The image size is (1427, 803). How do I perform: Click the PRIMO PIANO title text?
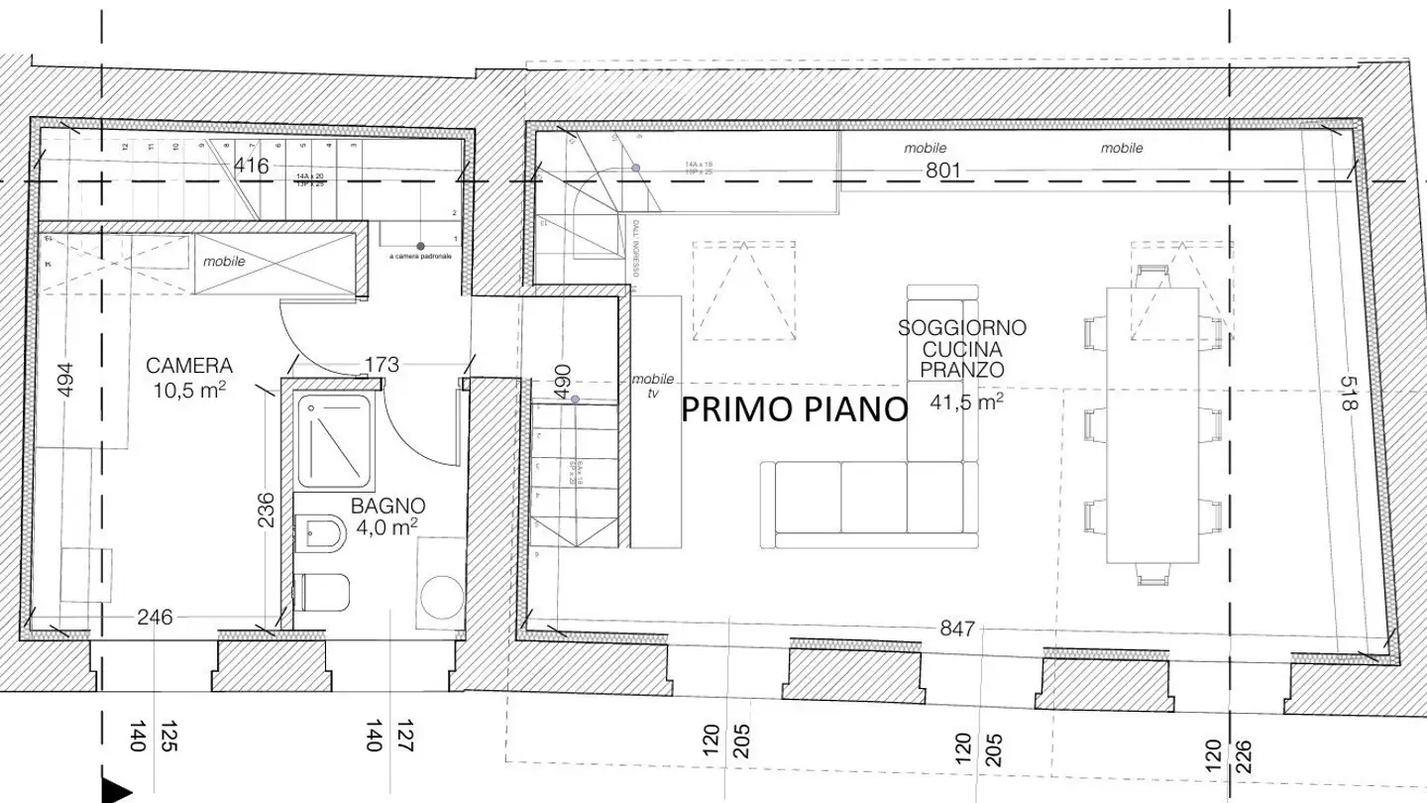795,408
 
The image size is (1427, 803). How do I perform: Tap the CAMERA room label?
189,365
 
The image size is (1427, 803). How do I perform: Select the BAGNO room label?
388,504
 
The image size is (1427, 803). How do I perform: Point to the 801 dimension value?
943,170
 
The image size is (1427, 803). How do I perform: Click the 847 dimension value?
957,629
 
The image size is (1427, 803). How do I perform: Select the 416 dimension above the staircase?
251,166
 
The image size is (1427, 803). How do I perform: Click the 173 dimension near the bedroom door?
381,365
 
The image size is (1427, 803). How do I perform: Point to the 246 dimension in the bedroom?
155,618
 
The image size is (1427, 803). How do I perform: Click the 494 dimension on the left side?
66,378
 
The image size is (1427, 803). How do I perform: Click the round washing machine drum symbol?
441,597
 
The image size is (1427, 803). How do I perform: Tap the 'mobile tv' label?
653,385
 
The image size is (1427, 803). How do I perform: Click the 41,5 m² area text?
967,401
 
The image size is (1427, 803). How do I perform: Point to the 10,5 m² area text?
189,389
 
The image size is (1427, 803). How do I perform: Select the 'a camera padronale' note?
420,256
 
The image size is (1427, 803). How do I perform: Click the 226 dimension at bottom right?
1244,759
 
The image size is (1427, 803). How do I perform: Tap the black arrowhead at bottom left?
117,790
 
